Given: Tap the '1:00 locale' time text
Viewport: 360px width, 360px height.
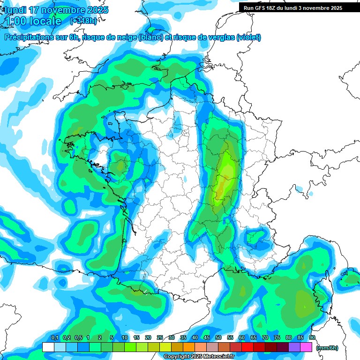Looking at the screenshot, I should point(33,21).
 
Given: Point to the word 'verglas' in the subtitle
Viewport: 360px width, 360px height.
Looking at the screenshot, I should point(219,37).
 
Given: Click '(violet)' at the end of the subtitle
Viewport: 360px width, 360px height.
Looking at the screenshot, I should point(248,37).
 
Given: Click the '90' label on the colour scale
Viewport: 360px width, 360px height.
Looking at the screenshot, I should point(312,337).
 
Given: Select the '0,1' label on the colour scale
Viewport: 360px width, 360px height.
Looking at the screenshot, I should point(54,337).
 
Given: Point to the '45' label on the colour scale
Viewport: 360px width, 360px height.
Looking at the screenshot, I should point(207,337).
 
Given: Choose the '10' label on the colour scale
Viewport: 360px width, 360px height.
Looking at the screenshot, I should point(125,337).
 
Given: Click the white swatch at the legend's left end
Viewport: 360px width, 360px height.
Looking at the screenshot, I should point(48,347).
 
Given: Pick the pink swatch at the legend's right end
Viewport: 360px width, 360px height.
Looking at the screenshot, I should point(306,347).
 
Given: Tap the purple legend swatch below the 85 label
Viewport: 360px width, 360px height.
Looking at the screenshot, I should point(294,347).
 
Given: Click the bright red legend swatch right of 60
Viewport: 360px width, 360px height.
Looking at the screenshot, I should point(247,347).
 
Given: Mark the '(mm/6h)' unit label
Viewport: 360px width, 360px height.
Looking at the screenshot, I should point(328,348).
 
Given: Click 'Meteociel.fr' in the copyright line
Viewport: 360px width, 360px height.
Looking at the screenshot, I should point(218,357).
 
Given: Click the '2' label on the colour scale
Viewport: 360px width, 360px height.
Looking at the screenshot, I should point(100,337).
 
